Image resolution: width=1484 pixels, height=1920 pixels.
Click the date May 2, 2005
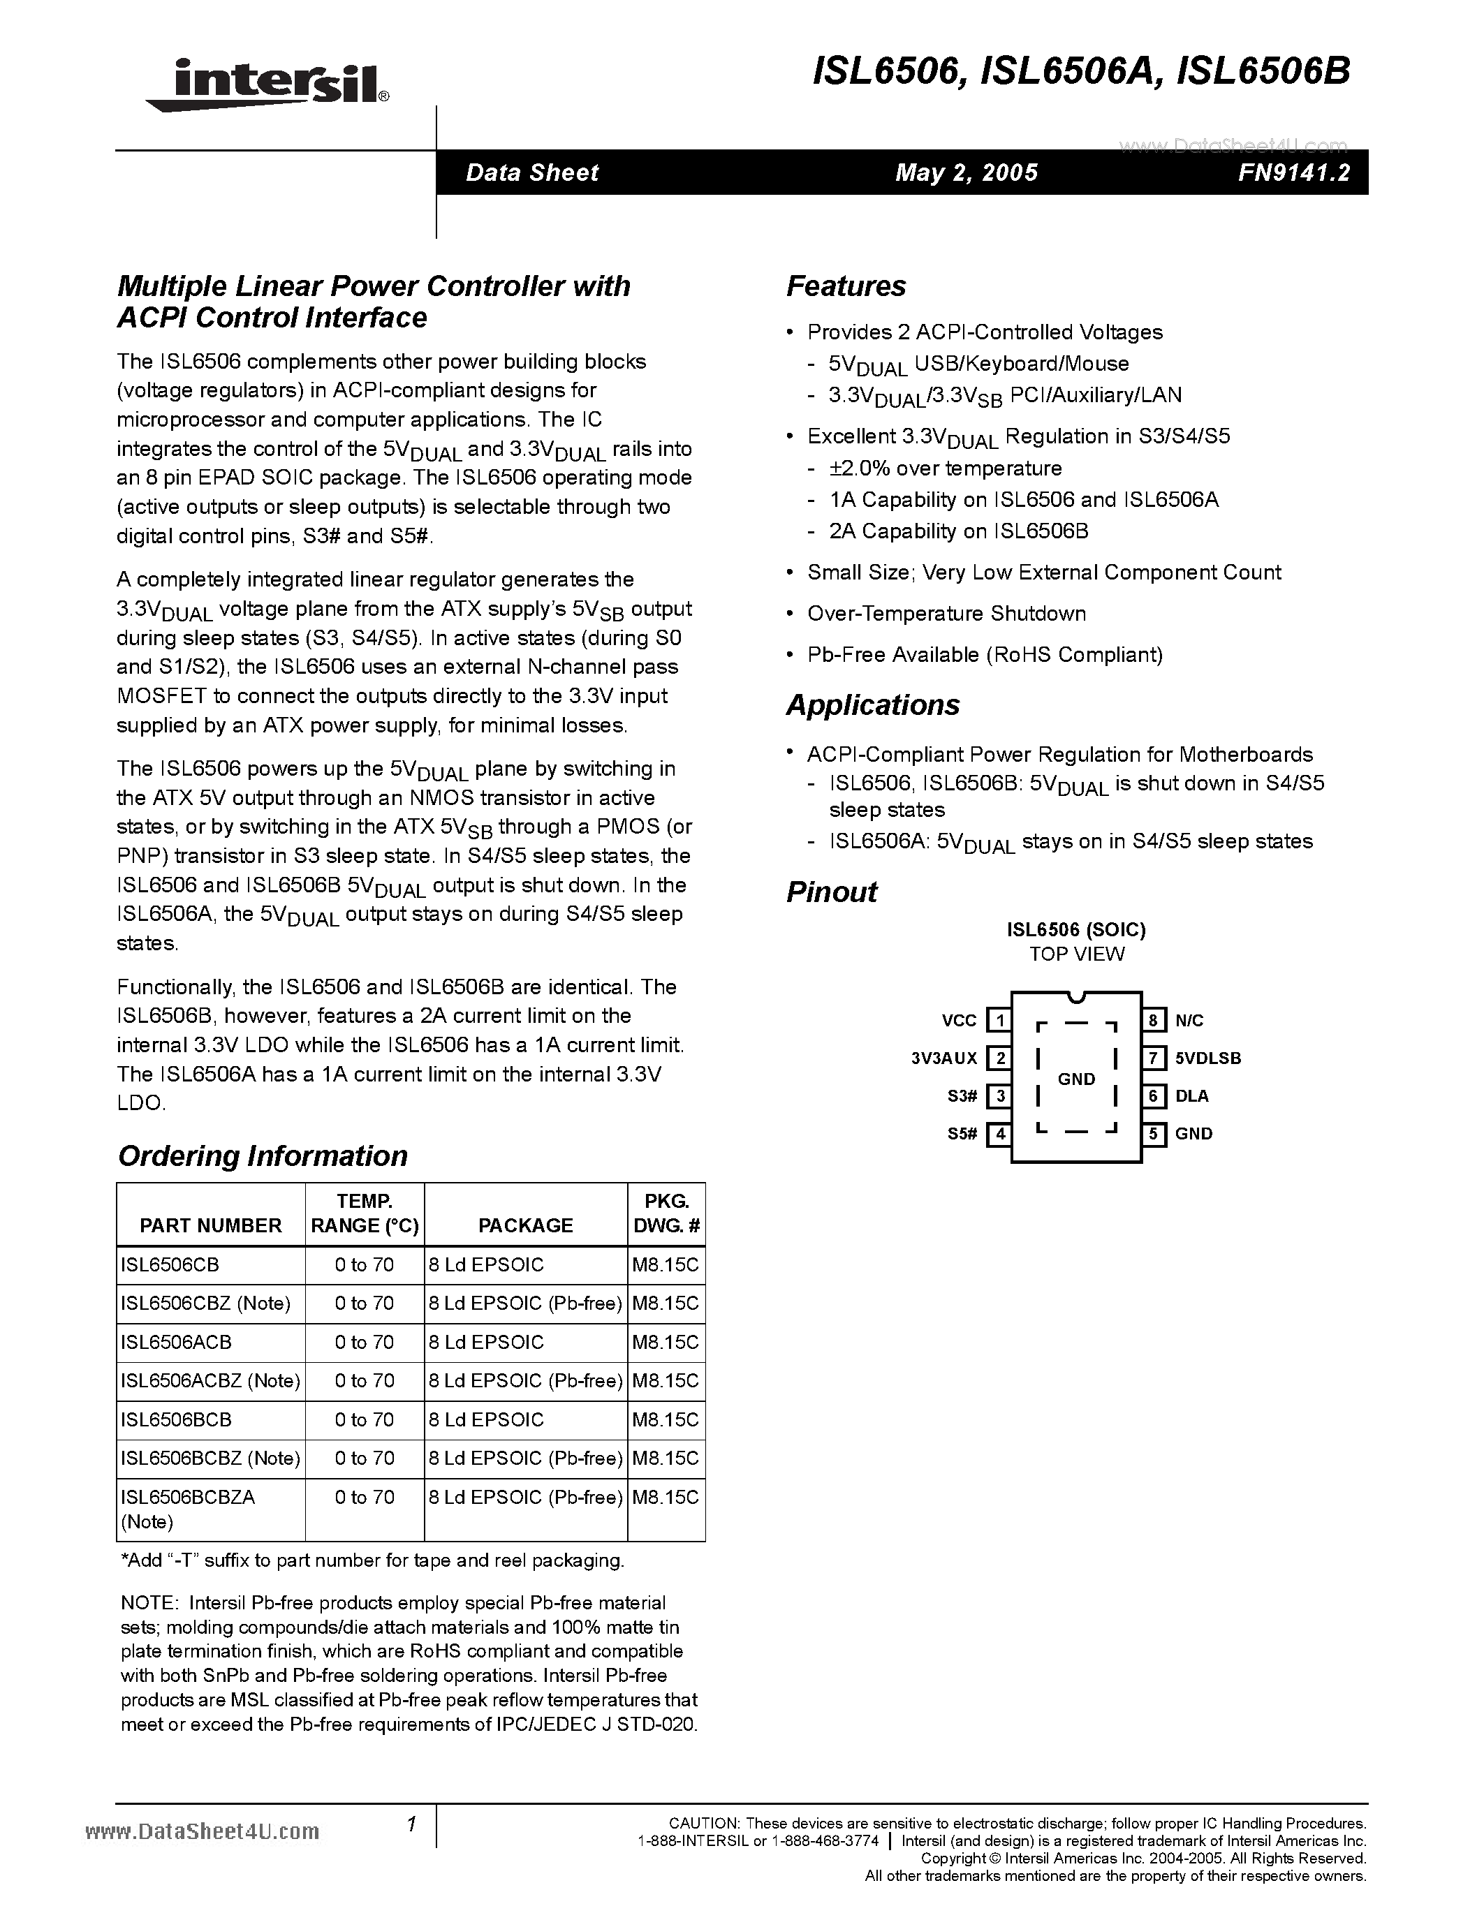pyautogui.click(x=967, y=172)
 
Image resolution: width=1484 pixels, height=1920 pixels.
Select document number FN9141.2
pyautogui.click(x=1293, y=172)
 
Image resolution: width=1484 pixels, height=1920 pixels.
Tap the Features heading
pyautogui.click(x=846, y=286)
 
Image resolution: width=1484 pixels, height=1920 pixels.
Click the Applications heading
pyautogui.click(x=872, y=705)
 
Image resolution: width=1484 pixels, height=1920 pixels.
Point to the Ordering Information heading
pyautogui.click(x=263, y=1155)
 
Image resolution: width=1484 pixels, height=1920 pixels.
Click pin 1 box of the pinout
pyautogui.click(x=999, y=1021)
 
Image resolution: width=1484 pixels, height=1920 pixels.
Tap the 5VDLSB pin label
pyautogui.click(x=1208, y=1058)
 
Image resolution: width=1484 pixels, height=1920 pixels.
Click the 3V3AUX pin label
pyautogui.click(x=944, y=1058)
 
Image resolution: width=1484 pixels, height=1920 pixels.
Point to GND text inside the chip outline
pyautogui.click(x=1076, y=1079)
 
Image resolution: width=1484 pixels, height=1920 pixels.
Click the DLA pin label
pyautogui.click(x=1191, y=1096)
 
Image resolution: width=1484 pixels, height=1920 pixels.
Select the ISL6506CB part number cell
pyautogui.click(x=170, y=1264)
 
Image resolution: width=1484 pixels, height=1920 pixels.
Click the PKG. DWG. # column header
pyautogui.click(x=666, y=1213)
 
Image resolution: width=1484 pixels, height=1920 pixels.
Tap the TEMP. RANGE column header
pyautogui.click(x=364, y=1213)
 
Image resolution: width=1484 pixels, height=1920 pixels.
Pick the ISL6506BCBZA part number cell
pyautogui.click(x=188, y=1496)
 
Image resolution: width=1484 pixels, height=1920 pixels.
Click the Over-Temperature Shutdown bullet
pyautogui.click(x=946, y=614)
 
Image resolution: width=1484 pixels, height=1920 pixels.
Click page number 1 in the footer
pyautogui.click(x=411, y=1824)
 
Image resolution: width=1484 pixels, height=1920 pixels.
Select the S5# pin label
pyautogui.click(x=962, y=1134)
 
